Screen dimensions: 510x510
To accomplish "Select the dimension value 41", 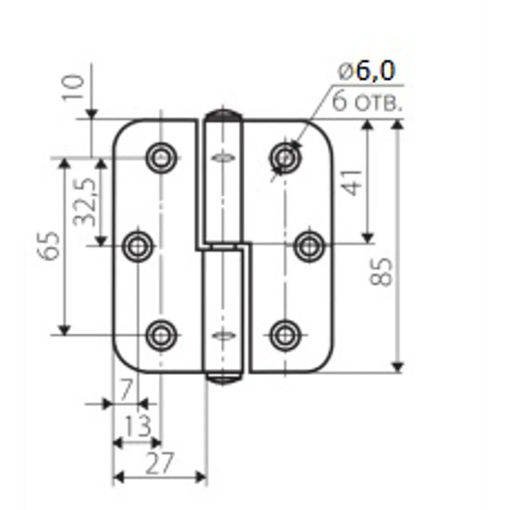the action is coord(351,183).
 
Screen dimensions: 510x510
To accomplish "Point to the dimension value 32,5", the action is coord(85,202).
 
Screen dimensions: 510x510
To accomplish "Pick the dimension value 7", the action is coord(126,390).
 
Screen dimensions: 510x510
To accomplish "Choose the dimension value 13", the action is coord(138,426).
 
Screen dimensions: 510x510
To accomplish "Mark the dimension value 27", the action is coord(159,463).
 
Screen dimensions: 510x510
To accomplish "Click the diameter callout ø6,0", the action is coord(367,71).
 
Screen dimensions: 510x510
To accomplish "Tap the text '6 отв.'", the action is coord(367,101).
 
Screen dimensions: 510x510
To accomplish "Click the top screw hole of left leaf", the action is coord(161,158).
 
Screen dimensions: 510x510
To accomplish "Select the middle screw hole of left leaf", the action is coord(138,246).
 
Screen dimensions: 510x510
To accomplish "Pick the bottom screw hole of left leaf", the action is coord(161,335).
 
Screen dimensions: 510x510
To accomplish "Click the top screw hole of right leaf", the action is coord(285,158).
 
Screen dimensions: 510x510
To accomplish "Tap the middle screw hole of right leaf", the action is coord(309,246).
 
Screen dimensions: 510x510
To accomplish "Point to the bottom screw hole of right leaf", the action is coord(285,335).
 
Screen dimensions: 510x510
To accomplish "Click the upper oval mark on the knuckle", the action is coord(223,158).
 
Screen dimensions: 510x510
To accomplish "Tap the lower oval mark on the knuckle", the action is coord(223,335).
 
